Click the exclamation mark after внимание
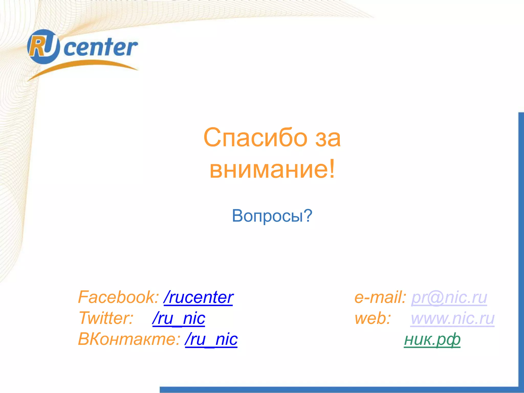coord(332,169)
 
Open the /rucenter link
coord(198,297)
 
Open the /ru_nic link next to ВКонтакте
coord(211,340)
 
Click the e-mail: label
coord(380,297)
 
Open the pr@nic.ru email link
coord(449,297)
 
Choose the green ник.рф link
coord(432,340)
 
